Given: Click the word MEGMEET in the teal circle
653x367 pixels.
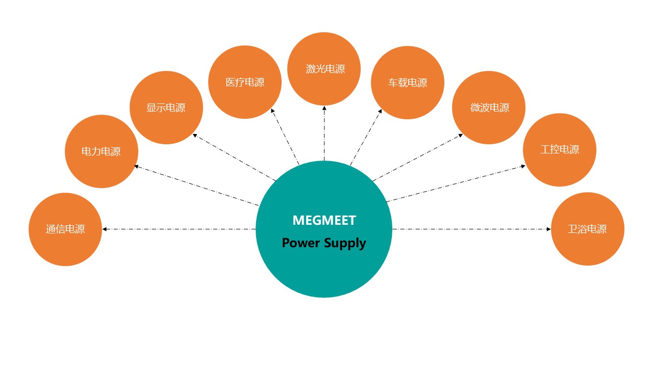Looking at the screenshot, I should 324,220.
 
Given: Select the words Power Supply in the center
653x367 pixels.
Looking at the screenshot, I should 324,243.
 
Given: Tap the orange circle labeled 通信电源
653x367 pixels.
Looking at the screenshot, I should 65,229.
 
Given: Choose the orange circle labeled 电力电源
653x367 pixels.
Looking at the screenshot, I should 101,151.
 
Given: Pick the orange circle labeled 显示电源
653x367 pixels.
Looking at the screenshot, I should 166,108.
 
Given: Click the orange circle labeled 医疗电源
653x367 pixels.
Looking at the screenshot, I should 245,82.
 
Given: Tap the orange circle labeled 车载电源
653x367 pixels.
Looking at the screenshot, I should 407,83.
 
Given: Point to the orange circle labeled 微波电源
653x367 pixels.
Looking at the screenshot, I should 489,108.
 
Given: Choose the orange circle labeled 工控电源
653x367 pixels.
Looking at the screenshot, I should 560,149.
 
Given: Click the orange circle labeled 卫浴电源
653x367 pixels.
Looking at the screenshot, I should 587,229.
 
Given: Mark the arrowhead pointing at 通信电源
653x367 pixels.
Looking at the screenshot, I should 105,229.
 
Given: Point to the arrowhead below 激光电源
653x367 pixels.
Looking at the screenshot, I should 324,108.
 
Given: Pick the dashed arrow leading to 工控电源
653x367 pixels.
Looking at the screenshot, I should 456,183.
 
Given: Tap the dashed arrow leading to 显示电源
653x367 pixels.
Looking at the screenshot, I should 235,158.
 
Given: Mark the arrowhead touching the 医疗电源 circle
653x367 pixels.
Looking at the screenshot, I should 272,111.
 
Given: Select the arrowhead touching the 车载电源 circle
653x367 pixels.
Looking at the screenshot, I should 380,111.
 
